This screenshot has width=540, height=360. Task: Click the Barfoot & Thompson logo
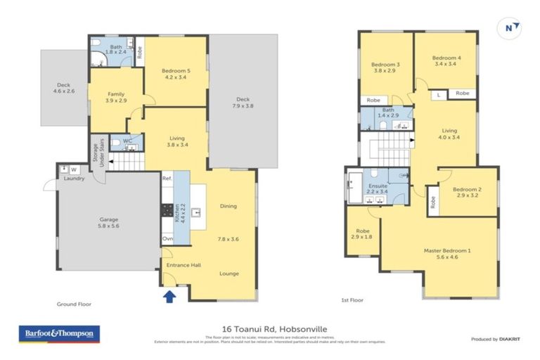[x=58, y=333]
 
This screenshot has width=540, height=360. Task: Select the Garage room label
[x=108, y=223]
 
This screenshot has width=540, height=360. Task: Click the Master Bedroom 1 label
[x=446, y=254]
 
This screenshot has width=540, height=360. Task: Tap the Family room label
[x=117, y=98]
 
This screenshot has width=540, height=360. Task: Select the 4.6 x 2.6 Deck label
[x=63, y=86]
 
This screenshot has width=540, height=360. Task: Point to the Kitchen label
[x=181, y=208]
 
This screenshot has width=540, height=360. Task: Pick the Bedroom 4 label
[x=446, y=61]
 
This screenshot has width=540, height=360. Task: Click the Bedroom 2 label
[x=467, y=193]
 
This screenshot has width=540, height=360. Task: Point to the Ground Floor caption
[x=74, y=304]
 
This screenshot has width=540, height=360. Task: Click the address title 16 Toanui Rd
[x=271, y=328]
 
